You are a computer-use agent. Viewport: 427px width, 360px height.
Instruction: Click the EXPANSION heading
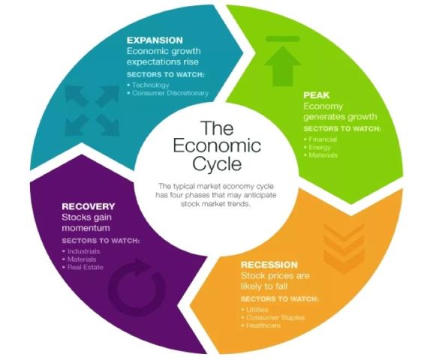[155, 40]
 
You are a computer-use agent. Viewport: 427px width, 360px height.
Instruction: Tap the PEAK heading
[317, 95]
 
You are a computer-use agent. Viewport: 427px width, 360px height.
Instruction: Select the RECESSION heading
[269, 265]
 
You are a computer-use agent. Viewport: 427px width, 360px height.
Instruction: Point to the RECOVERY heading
[89, 206]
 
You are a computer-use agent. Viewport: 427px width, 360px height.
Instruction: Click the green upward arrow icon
[283, 61]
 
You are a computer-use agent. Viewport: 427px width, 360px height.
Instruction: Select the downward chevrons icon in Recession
[344, 248]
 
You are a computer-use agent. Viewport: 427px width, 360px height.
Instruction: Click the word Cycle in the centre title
[217, 163]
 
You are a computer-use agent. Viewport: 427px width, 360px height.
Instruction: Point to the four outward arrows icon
[92, 110]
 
